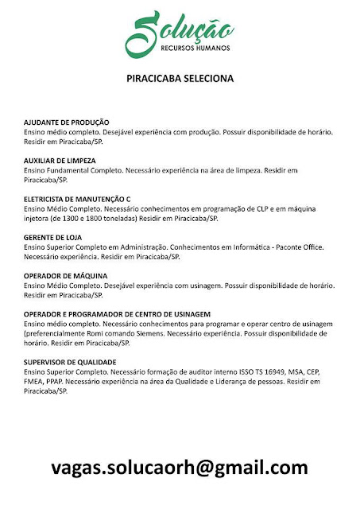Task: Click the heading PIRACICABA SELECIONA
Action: point(180,80)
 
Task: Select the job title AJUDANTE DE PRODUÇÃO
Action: point(72,122)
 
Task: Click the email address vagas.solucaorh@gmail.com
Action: point(180,467)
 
